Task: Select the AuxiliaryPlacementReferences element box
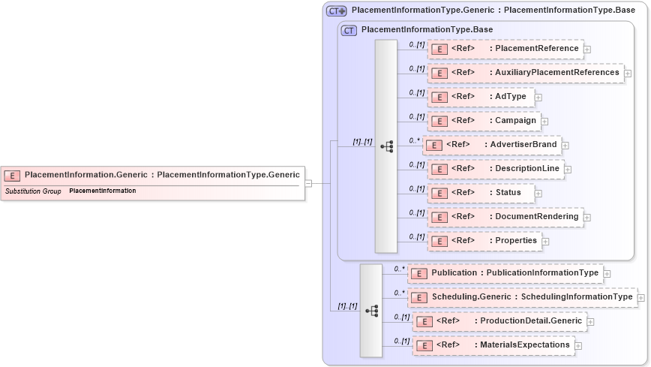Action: pyautogui.click(x=525, y=73)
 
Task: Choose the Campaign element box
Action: pyautogui.click(x=484, y=121)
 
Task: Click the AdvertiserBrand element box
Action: pyautogui.click(x=491, y=145)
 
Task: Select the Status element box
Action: pyautogui.click(x=480, y=193)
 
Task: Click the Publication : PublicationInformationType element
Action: pyautogui.click(x=505, y=273)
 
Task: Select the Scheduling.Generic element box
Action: pyautogui.click(x=522, y=297)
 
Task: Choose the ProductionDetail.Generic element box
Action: pyautogui.click(x=499, y=321)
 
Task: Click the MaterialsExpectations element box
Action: pyautogui.click(x=493, y=345)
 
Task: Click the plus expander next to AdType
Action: pyautogui.click(x=538, y=98)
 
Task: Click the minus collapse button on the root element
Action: pyautogui.click(x=308, y=182)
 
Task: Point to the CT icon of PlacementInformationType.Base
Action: pyautogui.click(x=349, y=30)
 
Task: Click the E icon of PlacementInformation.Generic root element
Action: pyautogui.click(x=12, y=176)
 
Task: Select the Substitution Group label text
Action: pyautogui.click(x=33, y=191)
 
